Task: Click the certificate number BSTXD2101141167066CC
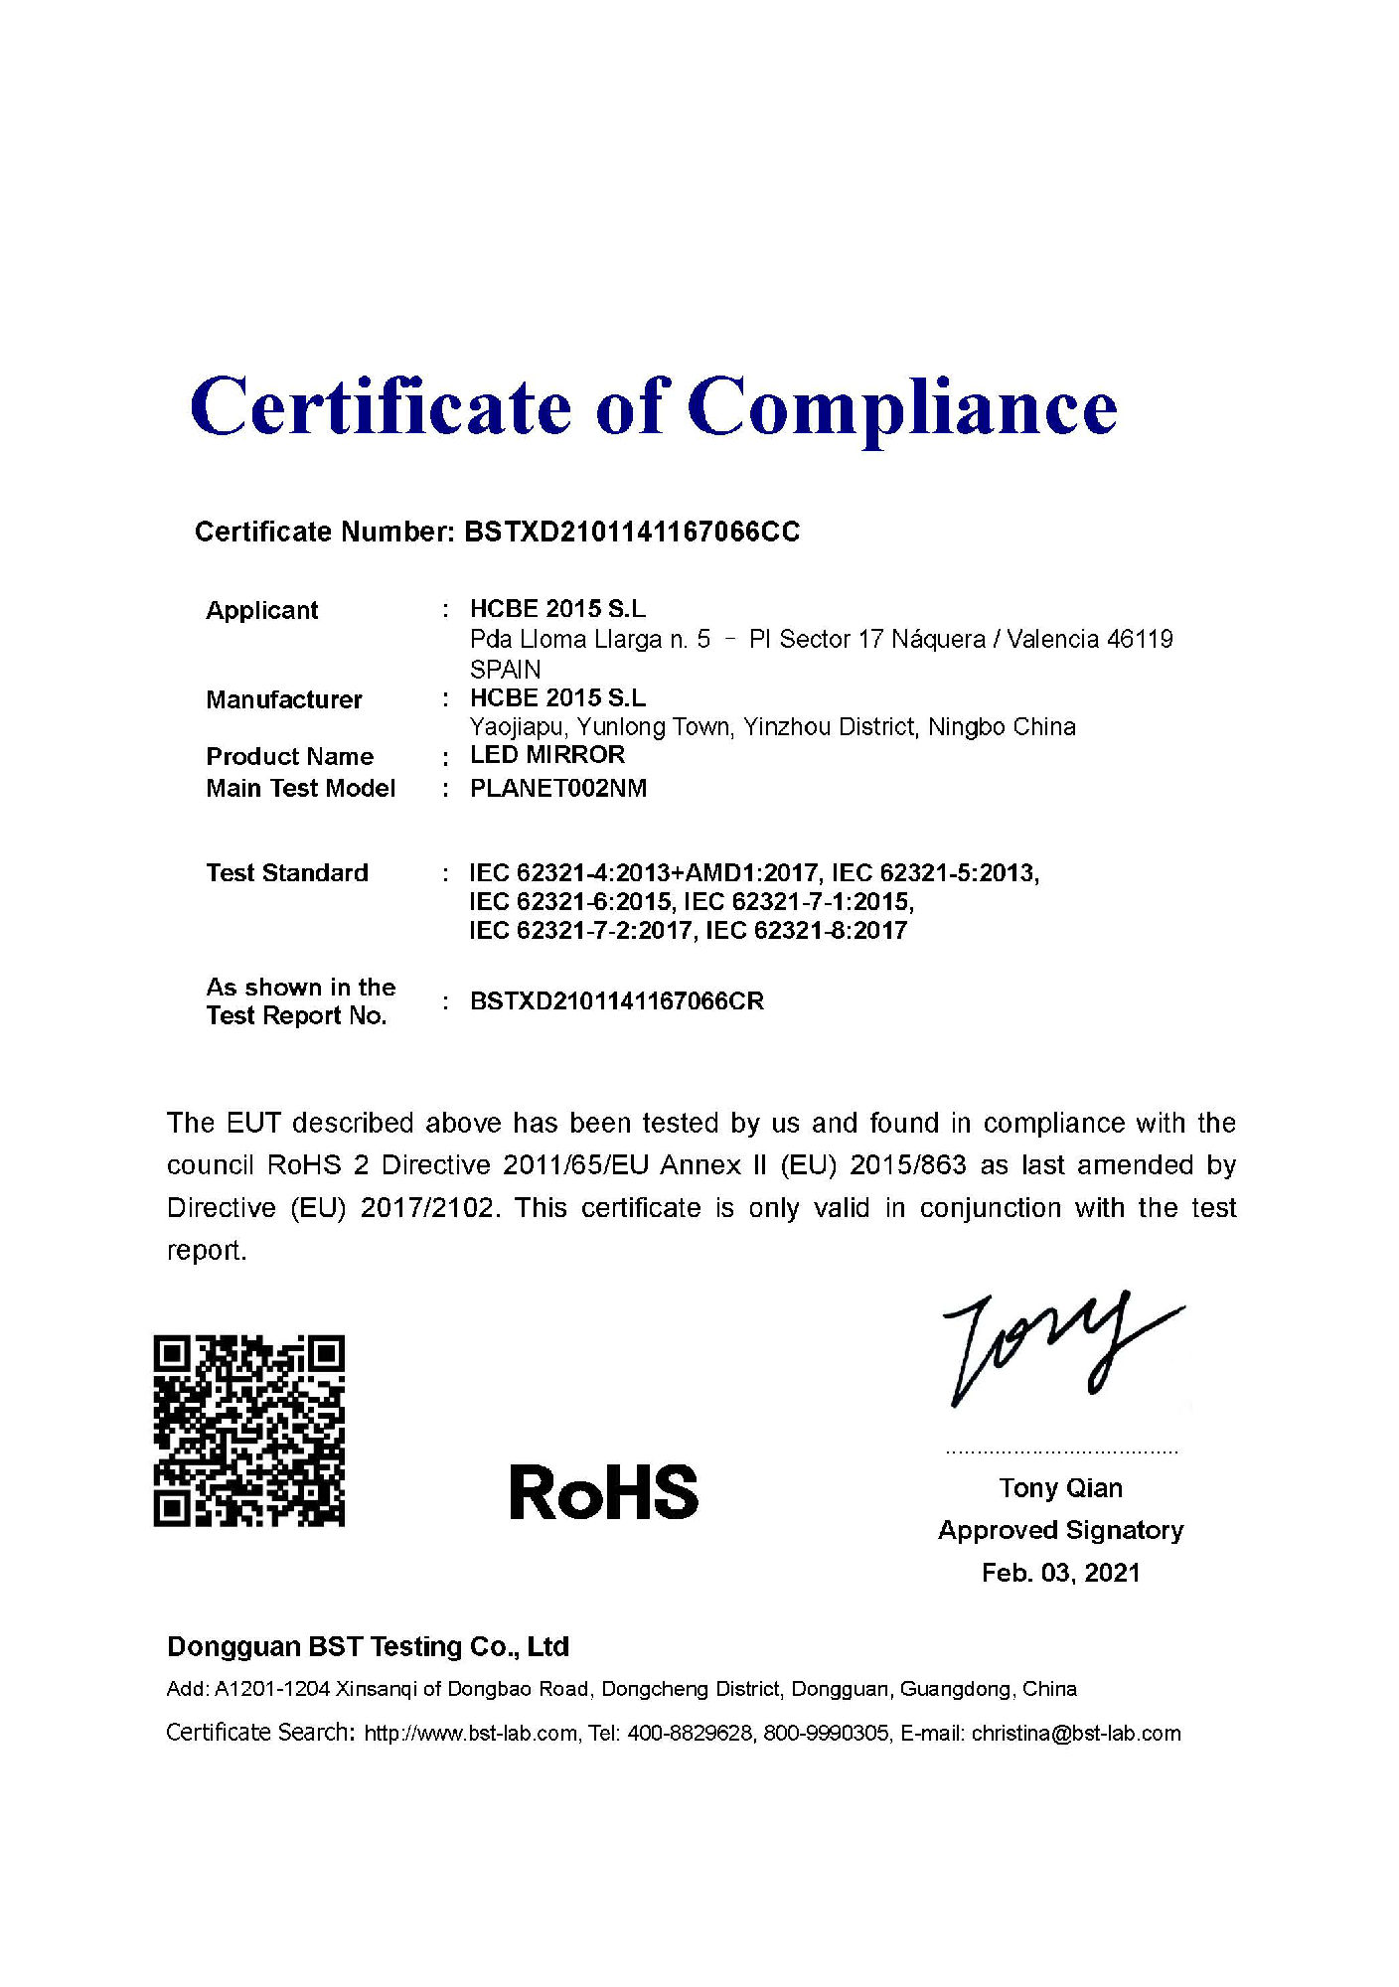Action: point(632,533)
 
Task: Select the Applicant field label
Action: point(261,610)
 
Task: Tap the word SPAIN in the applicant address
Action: point(505,670)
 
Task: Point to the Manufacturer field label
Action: point(283,699)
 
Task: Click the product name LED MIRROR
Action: point(547,755)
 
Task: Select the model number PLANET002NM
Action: point(557,789)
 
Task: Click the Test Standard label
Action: point(287,872)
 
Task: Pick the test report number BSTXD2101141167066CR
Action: point(617,1001)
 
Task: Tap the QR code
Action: point(248,1431)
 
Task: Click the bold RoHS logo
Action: point(604,1492)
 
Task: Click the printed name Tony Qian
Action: point(1060,1488)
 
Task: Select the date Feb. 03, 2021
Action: point(1060,1573)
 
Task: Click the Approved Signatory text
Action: point(1060,1530)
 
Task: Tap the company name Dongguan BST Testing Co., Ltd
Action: point(368,1647)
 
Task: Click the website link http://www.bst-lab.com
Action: point(471,1734)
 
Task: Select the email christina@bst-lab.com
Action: point(1076,1734)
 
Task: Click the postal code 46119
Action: point(1140,639)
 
